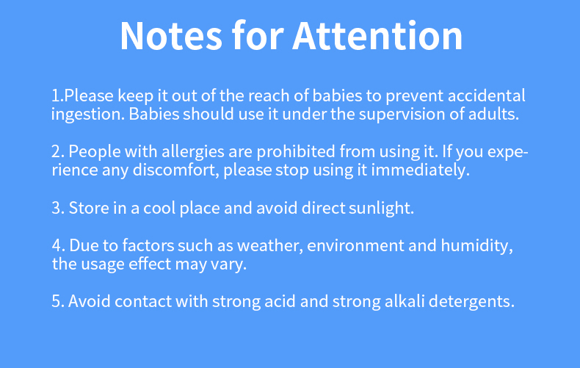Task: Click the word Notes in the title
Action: [171, 36]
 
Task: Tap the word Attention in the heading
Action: [377, 36]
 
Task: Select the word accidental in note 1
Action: [487, 95]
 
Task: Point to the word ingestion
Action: [87, 115]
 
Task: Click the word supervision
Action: [402, 115]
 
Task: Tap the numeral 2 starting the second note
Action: [58, 152]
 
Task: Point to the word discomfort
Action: [175, 170]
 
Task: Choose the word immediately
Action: [420, 170]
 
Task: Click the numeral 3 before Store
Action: [58, 208]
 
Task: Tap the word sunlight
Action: [381, 208]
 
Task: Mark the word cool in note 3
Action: [159, 208]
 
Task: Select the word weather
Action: [269, 246]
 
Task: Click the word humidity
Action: [476, 246]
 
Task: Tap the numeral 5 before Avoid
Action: [58, 301]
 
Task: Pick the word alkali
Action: [405, 301]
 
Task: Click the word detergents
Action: [471, 302]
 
